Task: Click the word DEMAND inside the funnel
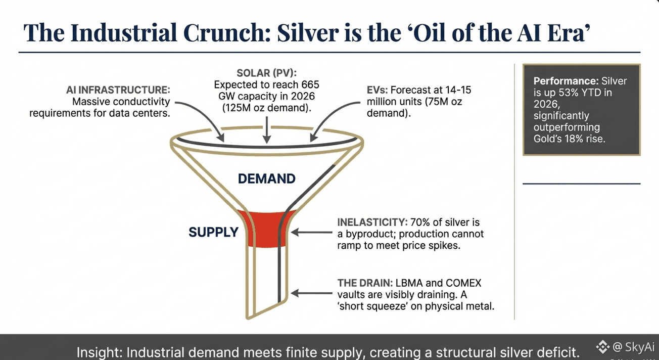pyautogui.click(x=266, y=178)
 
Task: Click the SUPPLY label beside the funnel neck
pyautogui.click(x=213, y=232)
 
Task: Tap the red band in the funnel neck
pyautogui.click(x=266, y=229)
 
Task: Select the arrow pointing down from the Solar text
pyautogui.click(x=266, y=130)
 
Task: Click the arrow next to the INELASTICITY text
pyautogui.click(x=311, y=232)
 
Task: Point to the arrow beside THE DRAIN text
pyautogui.click(x=311, y=293)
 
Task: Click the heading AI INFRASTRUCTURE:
pyautogui.click(x=118, y=90)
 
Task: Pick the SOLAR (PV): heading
pyautogui.click(x=266, y=73)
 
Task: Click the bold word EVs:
pyautogui.click(x=378, y=90)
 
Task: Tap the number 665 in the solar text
pyautogui.click(x=310, y=85)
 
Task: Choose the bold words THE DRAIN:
pyautogui.click(x=365, y=283)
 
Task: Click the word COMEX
pyautogui.click(x=463, y=283)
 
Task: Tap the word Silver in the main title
pyautogui.click(x=308, y=33)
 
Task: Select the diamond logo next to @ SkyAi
pyautogui.click(x=602, y=347)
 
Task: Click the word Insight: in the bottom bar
pyautogui.click(x=100, y=352)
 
